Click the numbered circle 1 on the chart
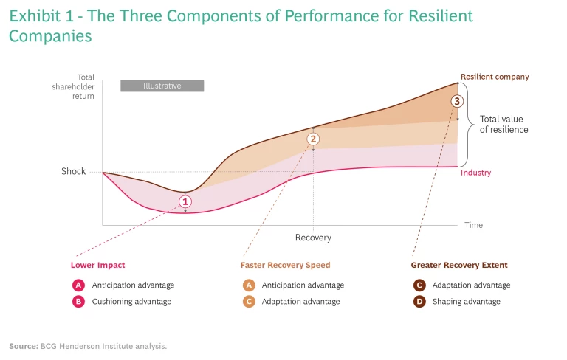coord(185,201)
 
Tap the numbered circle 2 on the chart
coord(313,139)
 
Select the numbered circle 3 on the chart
coord(457,101)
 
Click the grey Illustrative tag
coord(162,86)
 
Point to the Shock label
coord(74,172)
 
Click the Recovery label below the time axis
coord(313,238)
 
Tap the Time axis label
coord(473,225)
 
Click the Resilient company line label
coord(495,77)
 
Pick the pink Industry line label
coord(475,173)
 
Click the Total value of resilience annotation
coord(504,124)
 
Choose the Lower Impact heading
coord(97,265)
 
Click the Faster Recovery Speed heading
coord(285,265)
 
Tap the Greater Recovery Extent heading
coord(459,265)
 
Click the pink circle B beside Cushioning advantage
coord(78,302)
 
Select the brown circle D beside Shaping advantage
coord(419,302)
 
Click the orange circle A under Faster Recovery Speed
coord(248,285)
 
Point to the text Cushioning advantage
coord(131,302)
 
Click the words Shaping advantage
coord(467,302)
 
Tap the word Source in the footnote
coord(22,346)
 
